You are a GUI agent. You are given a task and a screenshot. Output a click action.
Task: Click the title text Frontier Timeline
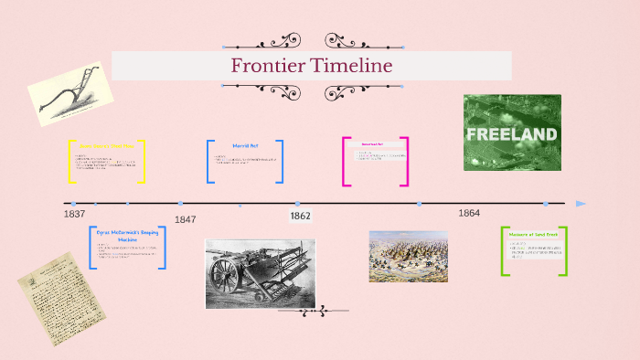pos(311,66)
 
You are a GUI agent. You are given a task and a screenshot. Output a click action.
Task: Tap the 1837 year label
pos(75,214)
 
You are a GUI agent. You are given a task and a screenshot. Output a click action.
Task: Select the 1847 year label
pos(186,219)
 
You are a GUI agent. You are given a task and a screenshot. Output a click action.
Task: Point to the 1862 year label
pos(300,217)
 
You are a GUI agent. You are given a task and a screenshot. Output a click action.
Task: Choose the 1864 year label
pos(469,213)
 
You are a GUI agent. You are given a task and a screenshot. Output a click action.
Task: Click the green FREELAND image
pos(512,132)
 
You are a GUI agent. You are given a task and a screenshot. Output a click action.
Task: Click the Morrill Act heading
pos(245,146)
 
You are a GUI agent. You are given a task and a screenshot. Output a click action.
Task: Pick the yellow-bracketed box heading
pos(107,145)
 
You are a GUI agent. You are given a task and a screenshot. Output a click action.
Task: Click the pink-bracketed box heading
pos(372,143)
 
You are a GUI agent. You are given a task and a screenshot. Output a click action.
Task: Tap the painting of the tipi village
pos(408,256)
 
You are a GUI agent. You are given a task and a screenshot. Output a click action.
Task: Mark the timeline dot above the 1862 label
pos(297,204)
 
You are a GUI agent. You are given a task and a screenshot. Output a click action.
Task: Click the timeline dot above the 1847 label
pos(180,204)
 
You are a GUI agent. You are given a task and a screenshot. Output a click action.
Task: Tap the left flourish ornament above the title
pos(274,41)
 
